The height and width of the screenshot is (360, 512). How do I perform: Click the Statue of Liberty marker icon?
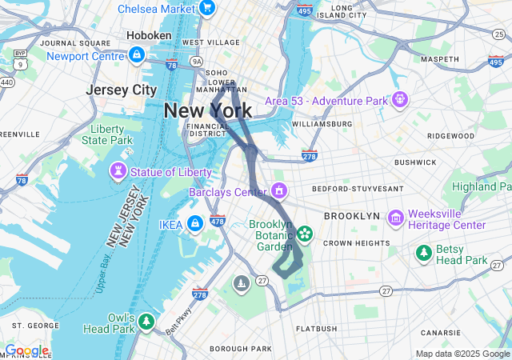(118, 172)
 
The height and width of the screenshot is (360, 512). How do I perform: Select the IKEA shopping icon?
(194, 223)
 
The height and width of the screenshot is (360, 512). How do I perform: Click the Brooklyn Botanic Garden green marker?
(304, 234)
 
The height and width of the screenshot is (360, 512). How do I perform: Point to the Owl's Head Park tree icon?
(146, 322)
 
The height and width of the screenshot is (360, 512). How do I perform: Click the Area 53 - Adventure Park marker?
(400, 100)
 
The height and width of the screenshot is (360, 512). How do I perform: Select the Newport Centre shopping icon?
(137, 56)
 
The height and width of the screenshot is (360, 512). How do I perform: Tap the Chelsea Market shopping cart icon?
(207, 8)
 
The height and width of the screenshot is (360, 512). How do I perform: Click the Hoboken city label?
(149, 36)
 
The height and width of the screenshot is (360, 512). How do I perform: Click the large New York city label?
(208, 111)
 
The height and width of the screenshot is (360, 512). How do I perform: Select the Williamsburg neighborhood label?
(322, 124)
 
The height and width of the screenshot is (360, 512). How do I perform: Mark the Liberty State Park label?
(106, 134)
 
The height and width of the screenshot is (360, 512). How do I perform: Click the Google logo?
(26, 350)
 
